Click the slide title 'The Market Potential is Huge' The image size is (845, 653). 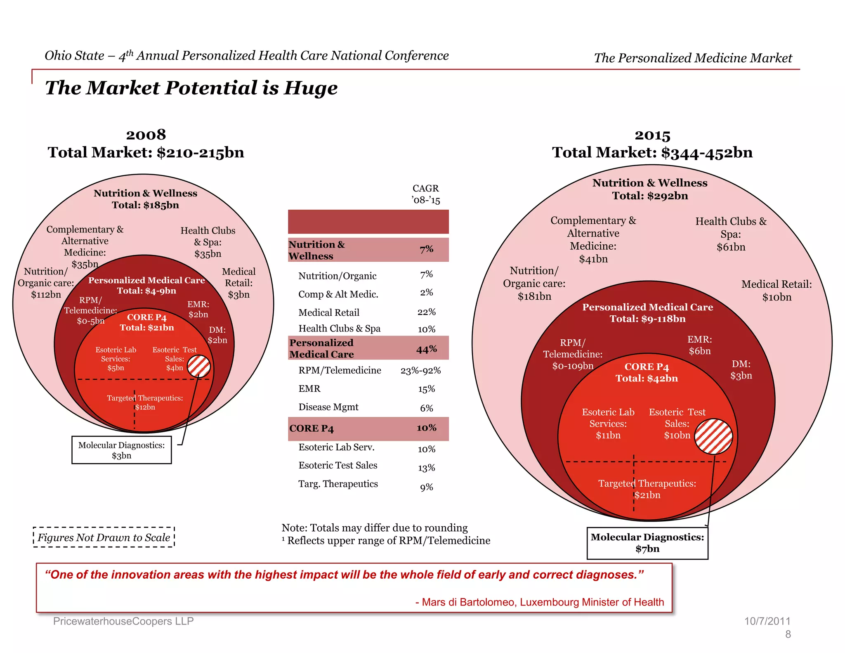pyautogui.click(x=191, y=88)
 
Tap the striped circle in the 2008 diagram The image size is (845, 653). pyautogui.click(x=199, y=366)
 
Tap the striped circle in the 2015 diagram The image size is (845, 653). pyautogui.click(x=713, y=436)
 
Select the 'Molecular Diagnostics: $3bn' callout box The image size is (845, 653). pyautogui.click(x=121, y=450)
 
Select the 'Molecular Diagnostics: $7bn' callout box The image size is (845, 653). pyautogui.click(x=647, y=543)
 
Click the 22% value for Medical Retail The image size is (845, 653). pyautogui.click(x=426, y=312)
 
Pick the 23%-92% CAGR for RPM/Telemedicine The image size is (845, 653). pyautogui.click(x=420, y=371)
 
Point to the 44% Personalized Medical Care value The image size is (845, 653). pyautogui.click(x=426, y=349)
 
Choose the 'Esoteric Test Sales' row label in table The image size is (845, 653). pyautogui.click(x=338, y=466)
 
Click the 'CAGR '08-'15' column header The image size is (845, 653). pyautogui.click(x=426, y=194)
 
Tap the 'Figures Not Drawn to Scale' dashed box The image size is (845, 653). pyautogui.click(x=104, y=537)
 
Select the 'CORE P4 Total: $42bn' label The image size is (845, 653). pyautogui.click(x=647, y=373)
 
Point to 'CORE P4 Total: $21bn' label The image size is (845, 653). pyautogui.click(x=146, y=322)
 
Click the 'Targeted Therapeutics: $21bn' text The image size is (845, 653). pyautogui.click(x=647, y=489)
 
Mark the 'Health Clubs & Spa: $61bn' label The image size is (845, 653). pyautogui.click(x=731, y=234)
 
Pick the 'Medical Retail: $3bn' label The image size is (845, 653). pyautogui.click(x=238, y=283)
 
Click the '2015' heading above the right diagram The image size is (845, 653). pyautogui.click(x=652, y=135)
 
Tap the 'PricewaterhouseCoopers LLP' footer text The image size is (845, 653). pyautogui.click(x=123, y=621)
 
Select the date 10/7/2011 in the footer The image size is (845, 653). pyautogui.click(x=767, y=621)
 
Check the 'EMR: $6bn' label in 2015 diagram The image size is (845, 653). pyautogui.click(x=699, y=345)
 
